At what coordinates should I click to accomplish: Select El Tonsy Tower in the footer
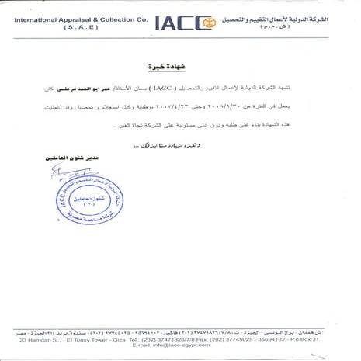pos(100,339)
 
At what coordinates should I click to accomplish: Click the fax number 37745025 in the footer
pos(257,339)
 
